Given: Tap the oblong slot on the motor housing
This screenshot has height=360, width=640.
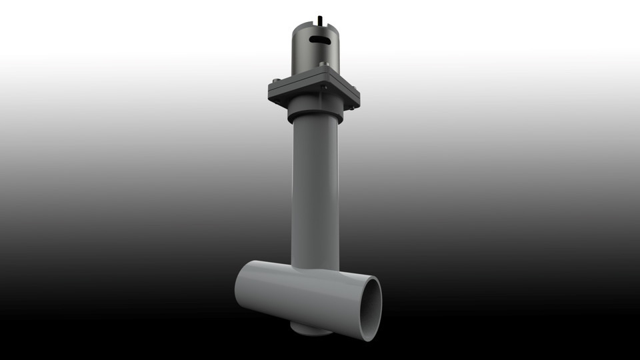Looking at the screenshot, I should tap(319, 41).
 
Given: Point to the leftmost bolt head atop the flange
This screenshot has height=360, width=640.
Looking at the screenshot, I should tap(274, 82).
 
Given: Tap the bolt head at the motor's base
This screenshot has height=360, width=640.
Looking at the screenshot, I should tap(322, 65).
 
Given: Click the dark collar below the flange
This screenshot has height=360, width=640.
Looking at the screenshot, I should tap(315, 112).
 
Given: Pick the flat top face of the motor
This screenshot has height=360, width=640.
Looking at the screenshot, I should tap(319, 25).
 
